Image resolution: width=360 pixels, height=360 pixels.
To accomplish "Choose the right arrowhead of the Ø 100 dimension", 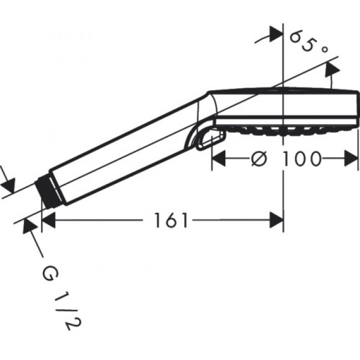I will point(351,160).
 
